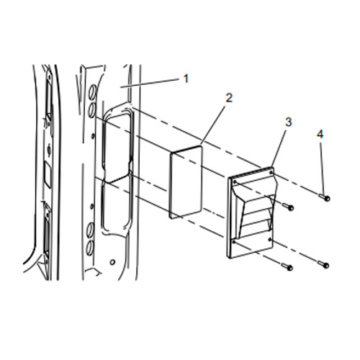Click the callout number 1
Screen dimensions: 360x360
(x=186, y=78)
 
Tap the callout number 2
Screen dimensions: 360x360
(x=229, y=98)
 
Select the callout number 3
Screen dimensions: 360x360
(x=288, y=122)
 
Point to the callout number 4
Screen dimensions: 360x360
(x=320, y=135)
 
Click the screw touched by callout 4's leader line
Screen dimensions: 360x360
(x=325, y=197)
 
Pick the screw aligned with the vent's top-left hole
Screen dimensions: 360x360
(x=288, y=207)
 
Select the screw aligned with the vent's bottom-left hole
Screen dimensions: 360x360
(x=287, y=266)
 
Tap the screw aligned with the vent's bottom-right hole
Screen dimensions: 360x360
(x=324, y=264)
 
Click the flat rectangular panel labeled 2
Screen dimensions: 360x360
(x=186, y=181)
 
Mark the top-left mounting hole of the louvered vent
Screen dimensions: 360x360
(x=235, y=182)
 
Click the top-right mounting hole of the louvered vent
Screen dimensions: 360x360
(x=271, y=172)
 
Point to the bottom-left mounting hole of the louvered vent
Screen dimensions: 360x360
(x=234, y=242)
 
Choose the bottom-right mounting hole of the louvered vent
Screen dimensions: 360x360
(x=271, y=239)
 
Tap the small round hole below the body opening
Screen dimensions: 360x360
(x=112, y=262)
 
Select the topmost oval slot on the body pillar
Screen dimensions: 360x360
(x=94, y=91)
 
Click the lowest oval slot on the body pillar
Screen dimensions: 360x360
(x=89, y=248)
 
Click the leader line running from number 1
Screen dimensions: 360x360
(x=150, y=83)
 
